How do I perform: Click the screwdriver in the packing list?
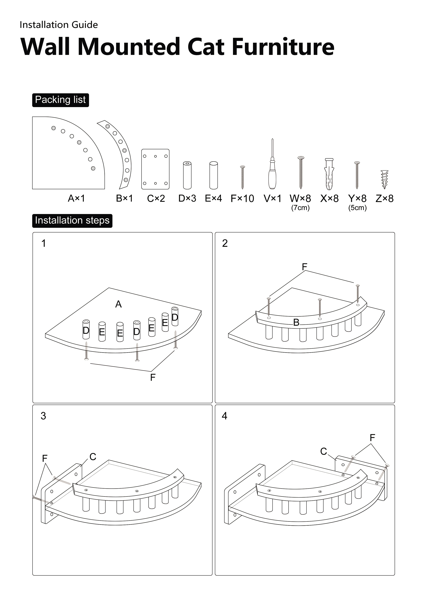[272, 168]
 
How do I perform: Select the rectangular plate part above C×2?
[155, 169]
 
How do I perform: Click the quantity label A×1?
[76, 198]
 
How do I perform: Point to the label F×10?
[242, 198]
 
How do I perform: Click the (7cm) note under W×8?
[300, 208]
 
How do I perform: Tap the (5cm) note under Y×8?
[357, 208]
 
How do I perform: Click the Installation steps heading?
[72, 220]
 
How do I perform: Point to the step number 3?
[43, 416]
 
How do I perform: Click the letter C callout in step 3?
[93, 456]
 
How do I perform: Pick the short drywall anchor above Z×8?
[384, 179]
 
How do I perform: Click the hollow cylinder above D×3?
[187, 175]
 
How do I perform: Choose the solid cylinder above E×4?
[213, 175]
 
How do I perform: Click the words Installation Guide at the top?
[59, 25]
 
